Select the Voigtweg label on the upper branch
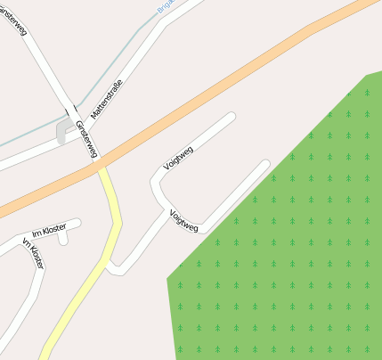pos(178,158)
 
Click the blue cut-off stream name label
pos(166,7)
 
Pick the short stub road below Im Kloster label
pos(63,238)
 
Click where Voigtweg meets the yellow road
pos(111,266)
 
